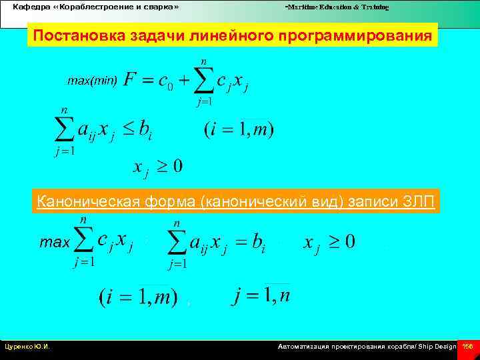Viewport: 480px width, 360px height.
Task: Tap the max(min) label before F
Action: pyautogui.click(x=92, y=81)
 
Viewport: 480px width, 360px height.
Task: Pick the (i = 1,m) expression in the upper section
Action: pyautogui.click(x=239, y=129)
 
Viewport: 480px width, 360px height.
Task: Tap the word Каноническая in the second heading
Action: pyautogui.click(x=83, y=202)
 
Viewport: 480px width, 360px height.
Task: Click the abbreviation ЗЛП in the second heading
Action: pyautogui.click(x=419, y=202)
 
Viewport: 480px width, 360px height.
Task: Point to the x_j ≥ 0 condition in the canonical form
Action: pyautogui.click(x=329, y=242)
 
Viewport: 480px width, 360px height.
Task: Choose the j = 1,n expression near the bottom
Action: pyautogui.click(x=261, y=295)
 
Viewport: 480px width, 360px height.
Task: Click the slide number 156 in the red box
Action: pyautogui.click(x=468, y=347)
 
